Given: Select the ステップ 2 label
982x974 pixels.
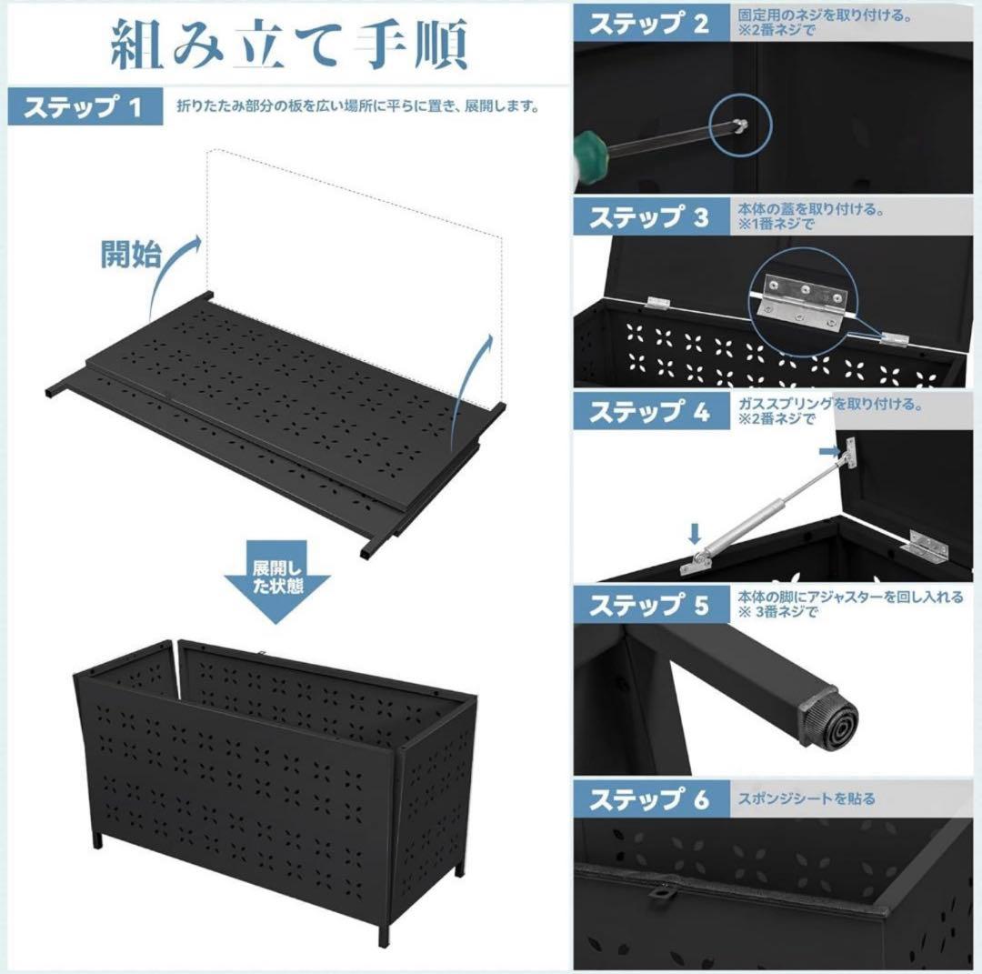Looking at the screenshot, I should click(648, 24).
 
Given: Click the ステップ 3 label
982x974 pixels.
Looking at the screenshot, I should click(648, 218).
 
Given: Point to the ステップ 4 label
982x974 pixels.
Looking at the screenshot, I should click(648, 412).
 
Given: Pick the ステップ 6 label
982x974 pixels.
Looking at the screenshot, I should click(648, 800).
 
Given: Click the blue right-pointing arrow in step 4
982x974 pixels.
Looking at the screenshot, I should click(827, 451).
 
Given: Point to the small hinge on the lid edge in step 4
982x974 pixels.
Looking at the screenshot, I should click(926, 548).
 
